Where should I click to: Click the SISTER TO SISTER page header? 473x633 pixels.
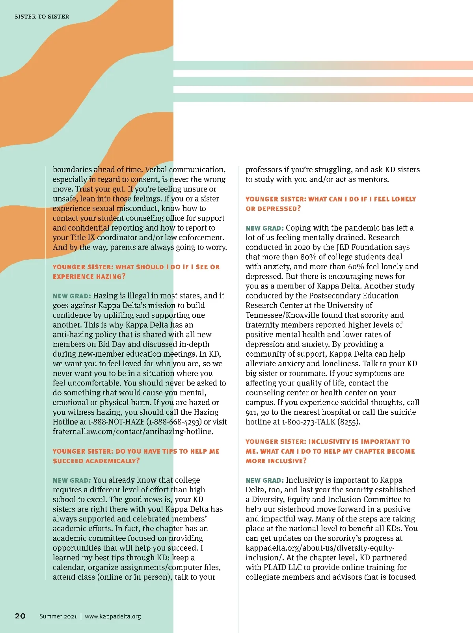click(42, 17)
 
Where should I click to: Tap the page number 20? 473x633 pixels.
click(20, 616)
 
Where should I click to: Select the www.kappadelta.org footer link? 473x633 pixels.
click(113, 616)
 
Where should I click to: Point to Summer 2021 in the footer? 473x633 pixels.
click(58, 616)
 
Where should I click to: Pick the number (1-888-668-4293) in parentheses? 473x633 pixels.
click(174, 422)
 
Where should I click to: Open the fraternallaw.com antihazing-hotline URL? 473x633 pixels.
click(133, 432)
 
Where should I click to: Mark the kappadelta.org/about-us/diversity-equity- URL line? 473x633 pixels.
click(320, 548)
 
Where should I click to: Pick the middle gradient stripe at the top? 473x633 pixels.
click(323, 82)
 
